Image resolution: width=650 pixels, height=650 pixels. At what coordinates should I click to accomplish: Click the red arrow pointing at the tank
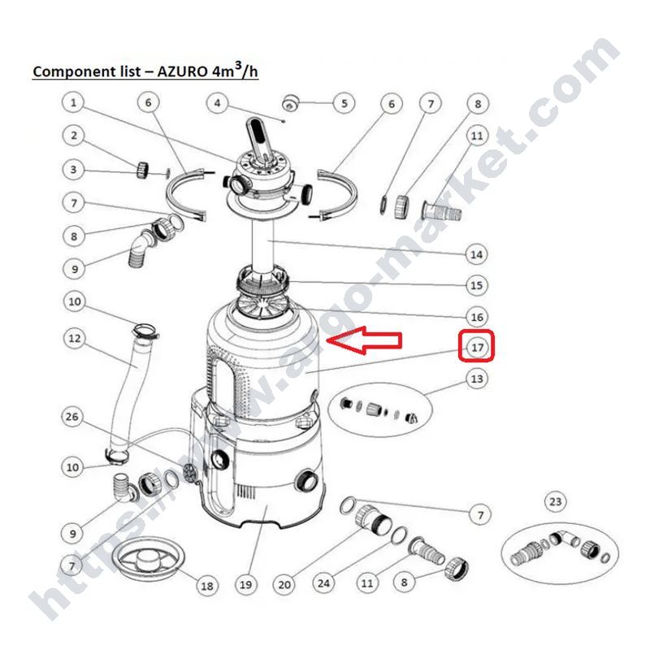click(364, 340)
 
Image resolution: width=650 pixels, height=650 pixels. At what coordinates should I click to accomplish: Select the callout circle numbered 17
click(477, 347)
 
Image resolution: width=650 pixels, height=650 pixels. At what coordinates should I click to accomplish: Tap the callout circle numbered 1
click(73, 102)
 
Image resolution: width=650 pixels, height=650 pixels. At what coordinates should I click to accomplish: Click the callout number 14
click(476, 254)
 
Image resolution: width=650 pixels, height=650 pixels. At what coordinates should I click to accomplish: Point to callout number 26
click(72, 417)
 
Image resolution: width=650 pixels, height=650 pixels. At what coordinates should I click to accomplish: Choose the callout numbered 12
click(75, 338)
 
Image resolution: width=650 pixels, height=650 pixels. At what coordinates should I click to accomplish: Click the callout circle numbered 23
click(555, 502)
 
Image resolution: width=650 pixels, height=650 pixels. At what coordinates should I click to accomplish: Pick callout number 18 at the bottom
click(207, 586)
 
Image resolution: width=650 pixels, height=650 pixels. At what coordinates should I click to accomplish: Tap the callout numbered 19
click(246, 585)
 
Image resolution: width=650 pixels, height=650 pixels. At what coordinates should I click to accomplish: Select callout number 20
click(284, 585)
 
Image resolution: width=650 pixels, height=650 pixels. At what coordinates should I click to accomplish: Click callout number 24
click(323, 583)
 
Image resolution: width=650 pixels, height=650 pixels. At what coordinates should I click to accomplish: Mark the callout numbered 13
click(477, 379)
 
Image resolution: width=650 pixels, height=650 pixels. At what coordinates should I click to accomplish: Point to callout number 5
click(344, 103)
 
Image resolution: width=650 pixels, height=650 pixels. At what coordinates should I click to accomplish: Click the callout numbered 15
click(477, 285)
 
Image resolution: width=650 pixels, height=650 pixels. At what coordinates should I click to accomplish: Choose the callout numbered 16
click(477, 317)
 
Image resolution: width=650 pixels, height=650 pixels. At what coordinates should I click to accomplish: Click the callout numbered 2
click(74, 136)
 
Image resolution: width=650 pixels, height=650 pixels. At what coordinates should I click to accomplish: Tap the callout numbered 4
click(218, 103)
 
